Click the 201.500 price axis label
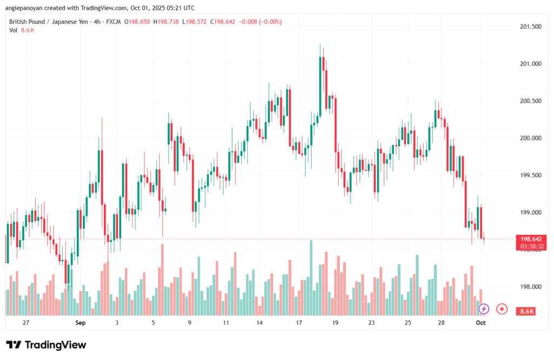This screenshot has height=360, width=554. click(x=531, y=27)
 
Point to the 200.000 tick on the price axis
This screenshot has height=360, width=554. click(x=531, y=138)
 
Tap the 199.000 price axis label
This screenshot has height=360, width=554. click(x=531, y=212)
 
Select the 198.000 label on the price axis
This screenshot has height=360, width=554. click(x=531, y=287)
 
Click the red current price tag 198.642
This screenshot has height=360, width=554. click(x=531, y=239)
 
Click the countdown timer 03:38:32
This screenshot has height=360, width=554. click(x=531, y=246)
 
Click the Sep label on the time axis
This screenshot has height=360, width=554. click(x=81, y=323)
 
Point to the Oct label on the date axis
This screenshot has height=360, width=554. click(x=480, y=323)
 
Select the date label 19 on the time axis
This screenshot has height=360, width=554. click(x=335, y=323)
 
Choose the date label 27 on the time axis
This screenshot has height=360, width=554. click(x=26, y=323)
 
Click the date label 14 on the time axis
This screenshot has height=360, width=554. click(x=260, y=323)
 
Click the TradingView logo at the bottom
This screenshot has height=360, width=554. click(x=46, y=345)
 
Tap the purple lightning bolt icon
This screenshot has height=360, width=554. click(x=484, y=309)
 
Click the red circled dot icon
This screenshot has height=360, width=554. click(x=502, y=309)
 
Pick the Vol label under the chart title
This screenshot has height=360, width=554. click(x=13, y=30)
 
